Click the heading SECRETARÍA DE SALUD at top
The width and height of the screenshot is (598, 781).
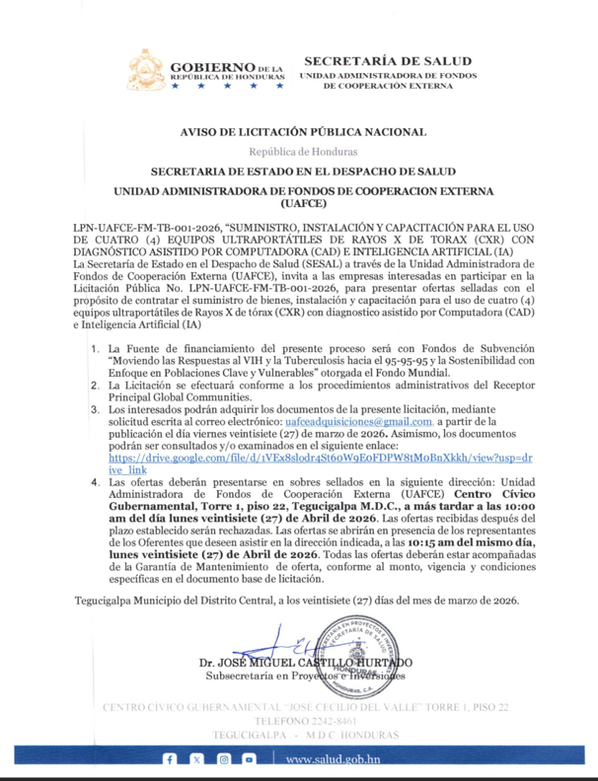[387, 61]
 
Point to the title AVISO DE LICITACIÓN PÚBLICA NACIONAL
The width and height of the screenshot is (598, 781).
[303, 132]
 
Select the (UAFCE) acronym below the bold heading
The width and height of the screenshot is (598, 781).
[303, 205]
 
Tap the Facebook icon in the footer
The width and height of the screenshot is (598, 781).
[170, 759]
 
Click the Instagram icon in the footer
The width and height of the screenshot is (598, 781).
[223, 759]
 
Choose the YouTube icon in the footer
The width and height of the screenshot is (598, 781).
[250, 759]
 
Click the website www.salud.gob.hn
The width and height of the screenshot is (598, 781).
[335, 760]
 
